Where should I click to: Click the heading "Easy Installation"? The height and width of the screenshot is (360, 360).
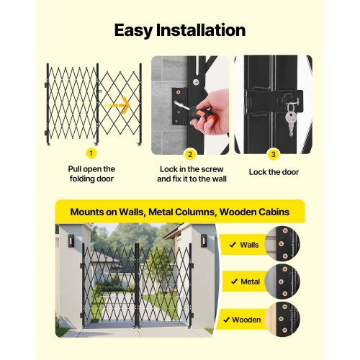[x=180, y=30]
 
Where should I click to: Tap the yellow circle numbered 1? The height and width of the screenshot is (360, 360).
[x=91, y=153]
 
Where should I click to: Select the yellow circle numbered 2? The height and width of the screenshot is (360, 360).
[x=190, y=153]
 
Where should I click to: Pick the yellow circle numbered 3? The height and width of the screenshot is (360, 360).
[x=272, y=153]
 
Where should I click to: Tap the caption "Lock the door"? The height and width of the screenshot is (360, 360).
[x=273, y=172]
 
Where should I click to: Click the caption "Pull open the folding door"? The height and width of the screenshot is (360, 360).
[x=91, y=173]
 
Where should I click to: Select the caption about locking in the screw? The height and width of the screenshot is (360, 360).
[x=190, y=173]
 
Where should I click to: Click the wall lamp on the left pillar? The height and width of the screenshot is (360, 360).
[x=71, y=239]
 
